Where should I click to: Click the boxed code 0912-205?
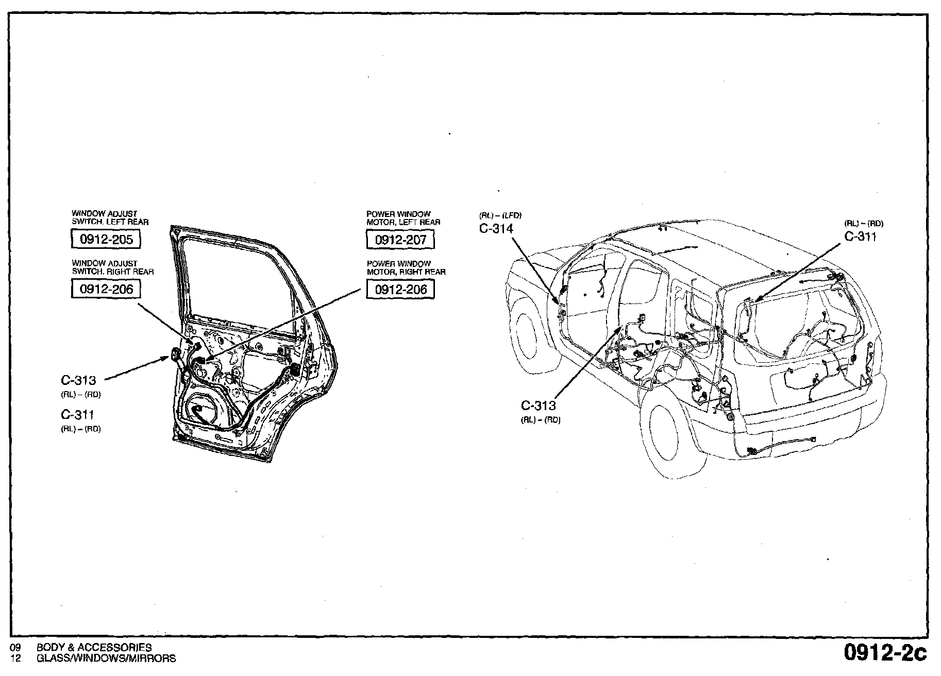(x=106, y=240)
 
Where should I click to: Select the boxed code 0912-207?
(x=400, y=240)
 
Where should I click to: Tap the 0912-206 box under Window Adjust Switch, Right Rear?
(x=106, y=289)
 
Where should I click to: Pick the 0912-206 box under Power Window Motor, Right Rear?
(x=400, y=289)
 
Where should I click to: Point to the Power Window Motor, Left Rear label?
(x=403, y=218)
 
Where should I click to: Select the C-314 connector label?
(x=496, y=229)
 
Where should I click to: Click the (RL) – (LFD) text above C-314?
(x=500, y=216)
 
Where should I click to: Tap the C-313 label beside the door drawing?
(x=78, y=380)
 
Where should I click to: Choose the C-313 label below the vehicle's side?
(x=539, y=405)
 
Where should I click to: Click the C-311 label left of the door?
(x=77, y=415)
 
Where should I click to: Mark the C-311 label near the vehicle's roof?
(x=860, y=236)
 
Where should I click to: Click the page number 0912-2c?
(x=884, y=652)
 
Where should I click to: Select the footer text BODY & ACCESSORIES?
(x=94, y=648)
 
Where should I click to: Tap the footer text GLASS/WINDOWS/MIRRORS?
(x=106, y=658)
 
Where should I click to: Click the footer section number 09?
(x=15, y=648)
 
